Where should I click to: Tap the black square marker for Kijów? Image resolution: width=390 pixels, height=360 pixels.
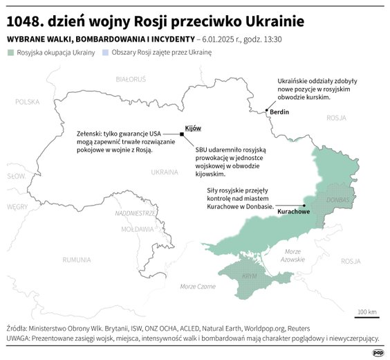click(x=182, y=134)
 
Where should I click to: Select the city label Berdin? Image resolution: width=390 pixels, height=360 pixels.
click(x=279, y=112)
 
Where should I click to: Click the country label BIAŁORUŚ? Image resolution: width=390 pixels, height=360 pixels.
click(x=131, y=80)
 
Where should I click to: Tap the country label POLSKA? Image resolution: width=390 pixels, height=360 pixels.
click(x=28, y=102)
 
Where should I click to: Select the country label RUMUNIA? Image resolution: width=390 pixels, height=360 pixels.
click(x=76, y=260)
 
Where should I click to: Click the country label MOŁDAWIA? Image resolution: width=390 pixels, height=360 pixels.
click(x=137, y=228)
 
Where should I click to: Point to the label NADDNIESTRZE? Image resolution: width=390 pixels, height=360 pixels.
click(x=135, y=213)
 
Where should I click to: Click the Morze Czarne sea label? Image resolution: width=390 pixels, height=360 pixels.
click(x=198, y=287)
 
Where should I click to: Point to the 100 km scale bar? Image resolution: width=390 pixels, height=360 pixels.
click(x=367, y=317)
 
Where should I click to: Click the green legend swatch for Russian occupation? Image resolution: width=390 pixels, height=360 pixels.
click(x=10, y=53)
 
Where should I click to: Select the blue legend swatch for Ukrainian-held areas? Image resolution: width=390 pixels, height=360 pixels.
click(x=105, y=53)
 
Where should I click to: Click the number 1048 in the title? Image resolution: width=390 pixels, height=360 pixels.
click(x=26, y=21)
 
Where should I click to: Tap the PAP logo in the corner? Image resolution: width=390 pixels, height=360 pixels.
click(x=378, y=352)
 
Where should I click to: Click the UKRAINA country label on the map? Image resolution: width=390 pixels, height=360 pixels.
click(x=165, y=171)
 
